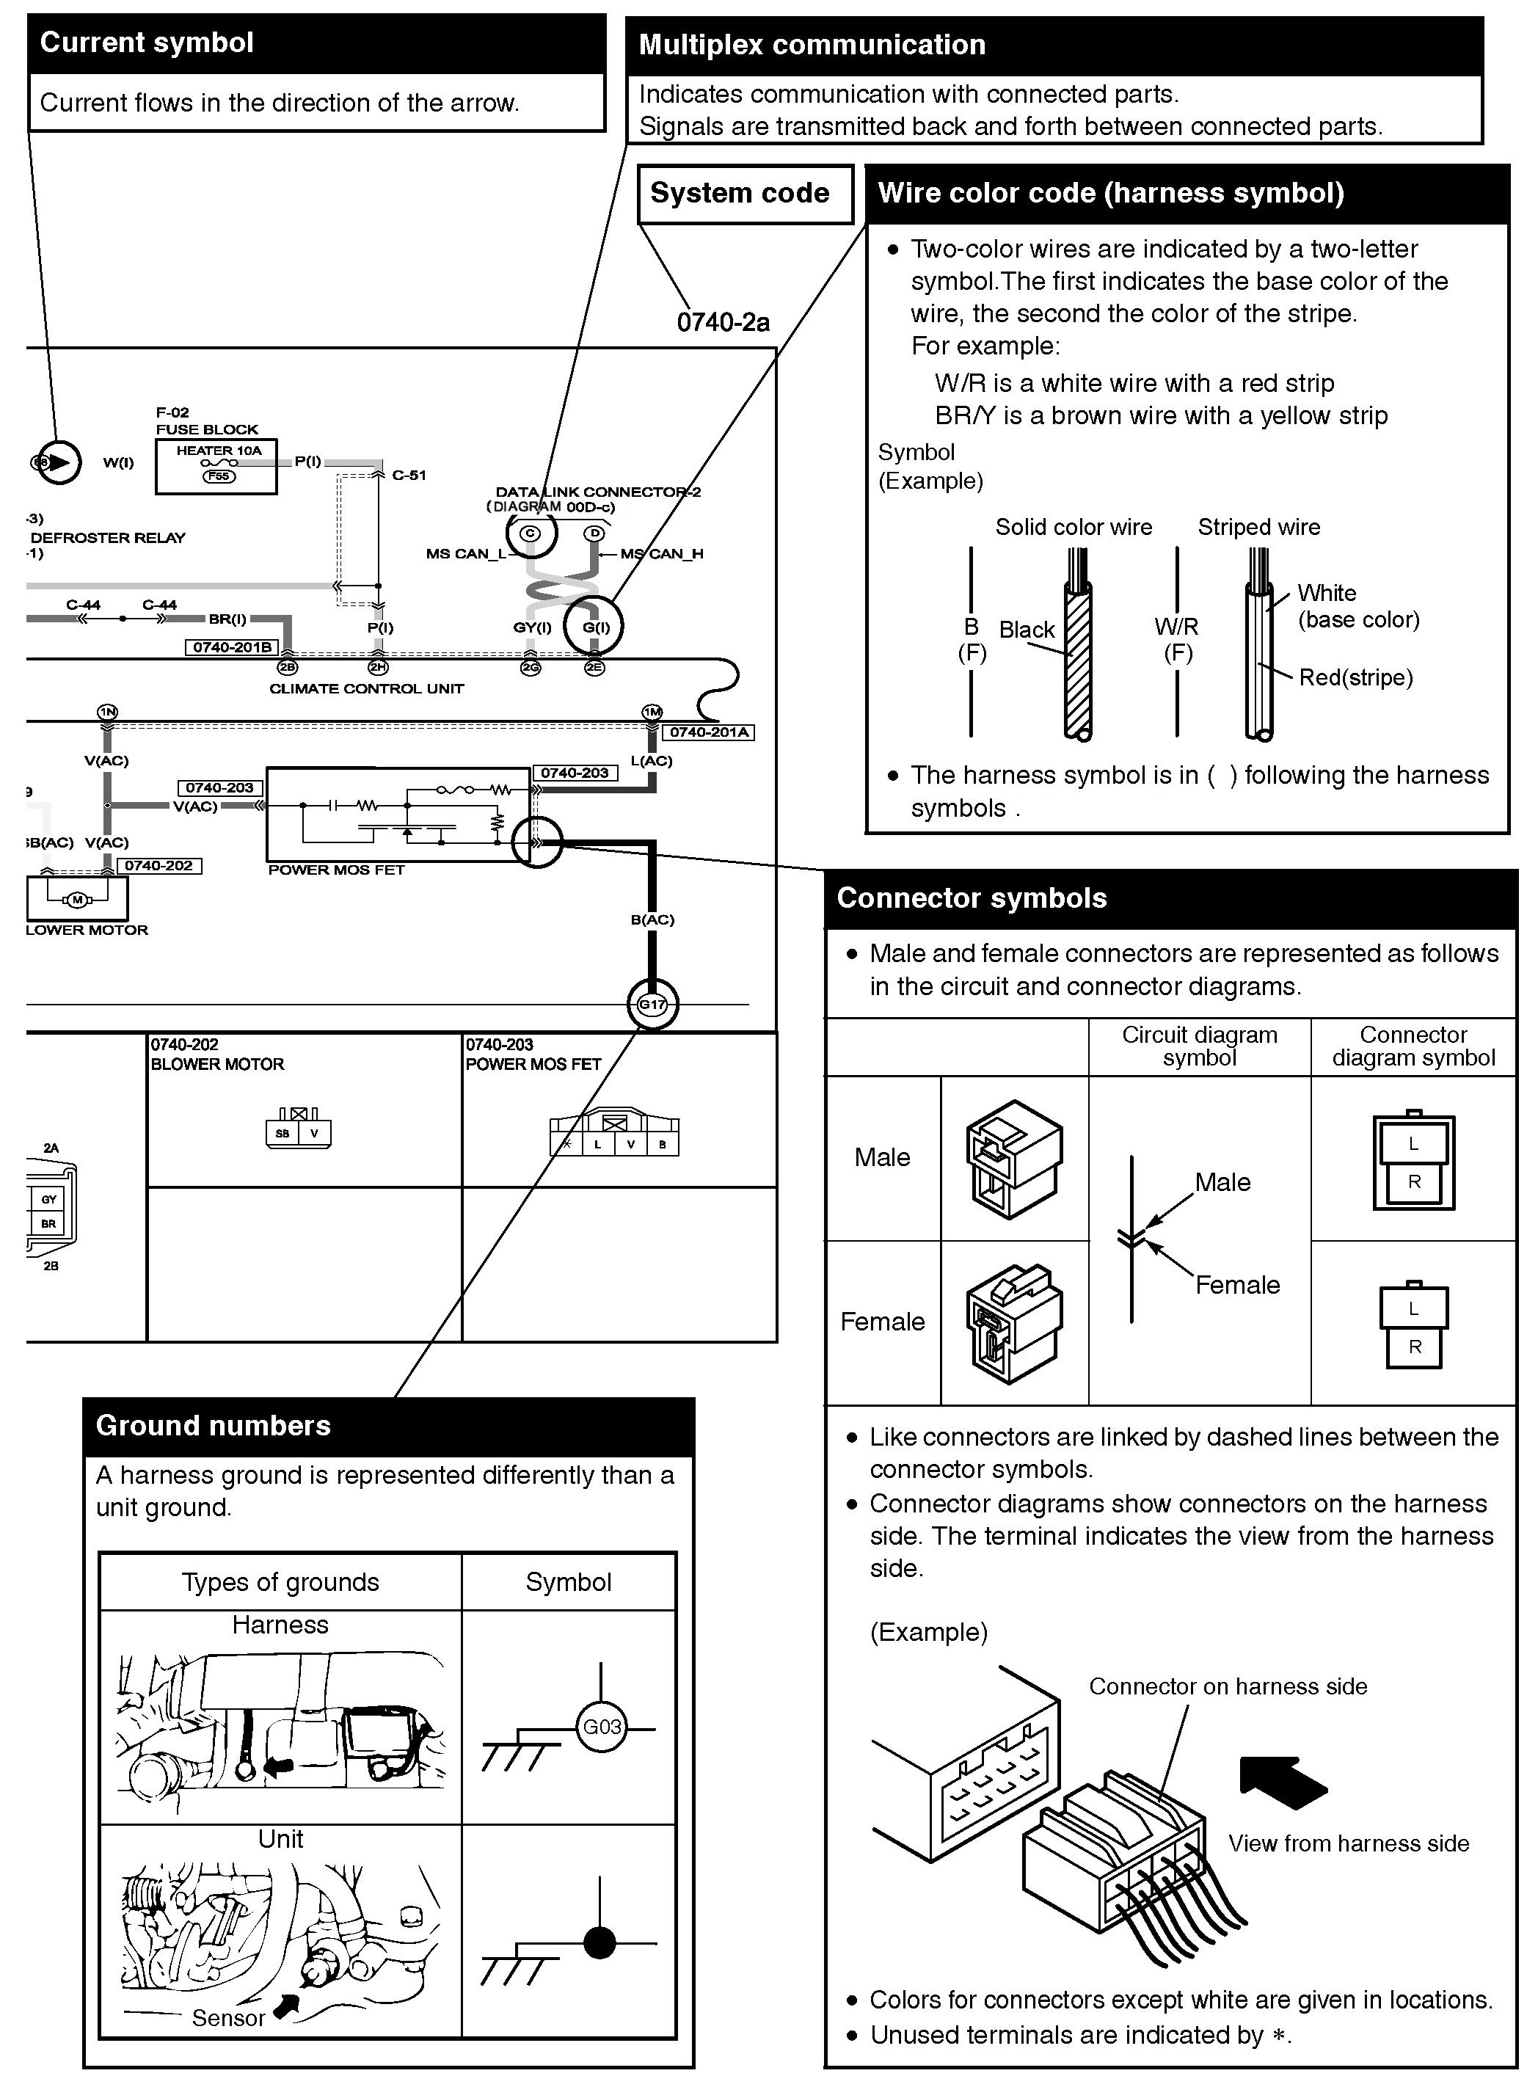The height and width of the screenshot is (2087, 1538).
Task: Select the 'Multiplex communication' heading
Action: (x=811, y=45)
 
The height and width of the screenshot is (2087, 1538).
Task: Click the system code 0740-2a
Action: (x=723, y=322)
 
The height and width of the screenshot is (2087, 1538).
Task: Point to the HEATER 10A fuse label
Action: (x=219, y=451)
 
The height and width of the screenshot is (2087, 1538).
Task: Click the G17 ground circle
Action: (x=652, y=1005)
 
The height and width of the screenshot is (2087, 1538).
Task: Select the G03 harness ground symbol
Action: (x=602, y=1727)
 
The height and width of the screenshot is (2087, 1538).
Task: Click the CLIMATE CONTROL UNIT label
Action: (x=366, y=689)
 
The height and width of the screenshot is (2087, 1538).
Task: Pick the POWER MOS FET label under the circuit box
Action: (x=336, y=870)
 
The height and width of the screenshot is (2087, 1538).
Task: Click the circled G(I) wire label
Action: (x=596, y=627)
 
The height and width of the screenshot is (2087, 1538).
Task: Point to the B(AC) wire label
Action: (x=652, y=919)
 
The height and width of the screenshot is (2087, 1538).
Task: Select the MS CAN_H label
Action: (x=662, y=554)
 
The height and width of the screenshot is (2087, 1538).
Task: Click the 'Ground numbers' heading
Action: (x=214, y=1426)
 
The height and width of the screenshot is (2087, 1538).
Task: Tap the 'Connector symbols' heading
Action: (x=971, y=898)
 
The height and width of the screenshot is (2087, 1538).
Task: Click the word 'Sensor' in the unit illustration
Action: (x=228, y=2018)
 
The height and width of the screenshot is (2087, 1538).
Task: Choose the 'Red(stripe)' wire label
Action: (x=1355, y=677)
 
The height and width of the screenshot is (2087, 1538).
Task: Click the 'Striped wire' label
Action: (x=1258, y=528)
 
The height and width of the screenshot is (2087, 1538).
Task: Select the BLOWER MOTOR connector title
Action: (x=217, y=1064)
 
